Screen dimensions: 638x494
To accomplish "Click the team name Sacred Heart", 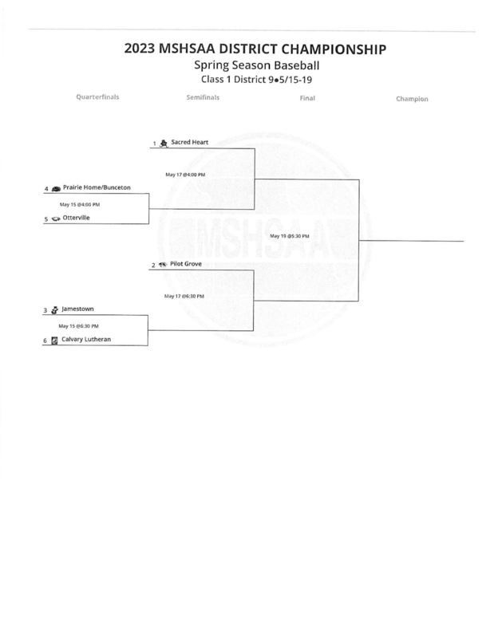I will [x=189, y=143].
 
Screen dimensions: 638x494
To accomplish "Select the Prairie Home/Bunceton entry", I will [x=96, y=187].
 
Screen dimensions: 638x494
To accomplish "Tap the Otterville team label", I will [x=76, y=217].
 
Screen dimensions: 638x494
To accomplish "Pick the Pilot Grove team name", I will [x=186, y=262].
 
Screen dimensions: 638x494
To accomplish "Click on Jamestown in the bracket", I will [x=78, y=308].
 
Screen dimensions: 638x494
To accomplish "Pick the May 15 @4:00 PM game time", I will [x=79, y=203].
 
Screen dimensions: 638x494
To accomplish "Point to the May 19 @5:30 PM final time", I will [x=289, y=236].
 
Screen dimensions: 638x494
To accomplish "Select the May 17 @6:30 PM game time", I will [x=184, y=295].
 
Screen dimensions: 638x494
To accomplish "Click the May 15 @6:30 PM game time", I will [x=79, y=325].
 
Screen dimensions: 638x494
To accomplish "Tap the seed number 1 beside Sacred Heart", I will [x=153, y=144].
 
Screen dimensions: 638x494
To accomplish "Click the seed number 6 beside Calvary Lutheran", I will [x=46, y=340].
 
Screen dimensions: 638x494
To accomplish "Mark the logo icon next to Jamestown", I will [x=54, y=309].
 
